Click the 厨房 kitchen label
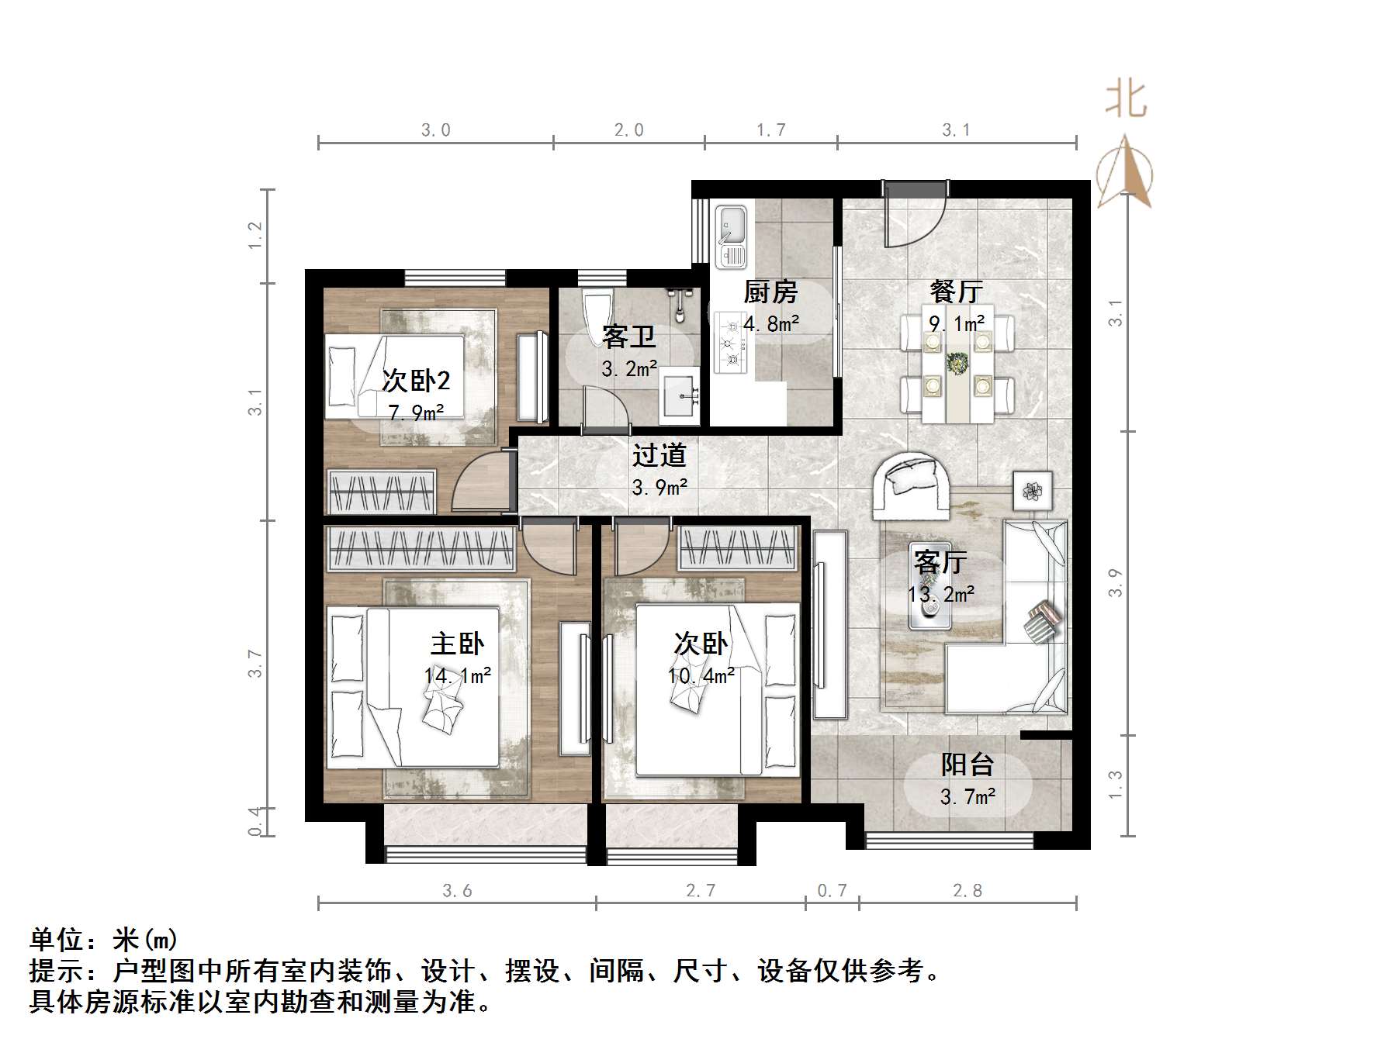[x=770, y=292]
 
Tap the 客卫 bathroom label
[x=628, y=337]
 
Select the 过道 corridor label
[x=659, y=455]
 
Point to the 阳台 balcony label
[x=967, y=765]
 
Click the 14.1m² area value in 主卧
[x=458, y=676]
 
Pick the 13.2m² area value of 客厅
[x=941, y=595]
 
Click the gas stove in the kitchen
[x=730, y=342]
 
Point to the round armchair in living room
[x=912, y=485]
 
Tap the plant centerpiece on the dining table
[x=958, y=363]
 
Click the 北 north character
[x=1125, y=101]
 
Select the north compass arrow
[x=1126, y=172]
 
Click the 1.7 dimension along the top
[x=771, y=130]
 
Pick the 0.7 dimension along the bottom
[x=832, y=891]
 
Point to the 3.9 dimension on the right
[x=1115, y=583]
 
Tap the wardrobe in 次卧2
[x=382, y=492]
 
